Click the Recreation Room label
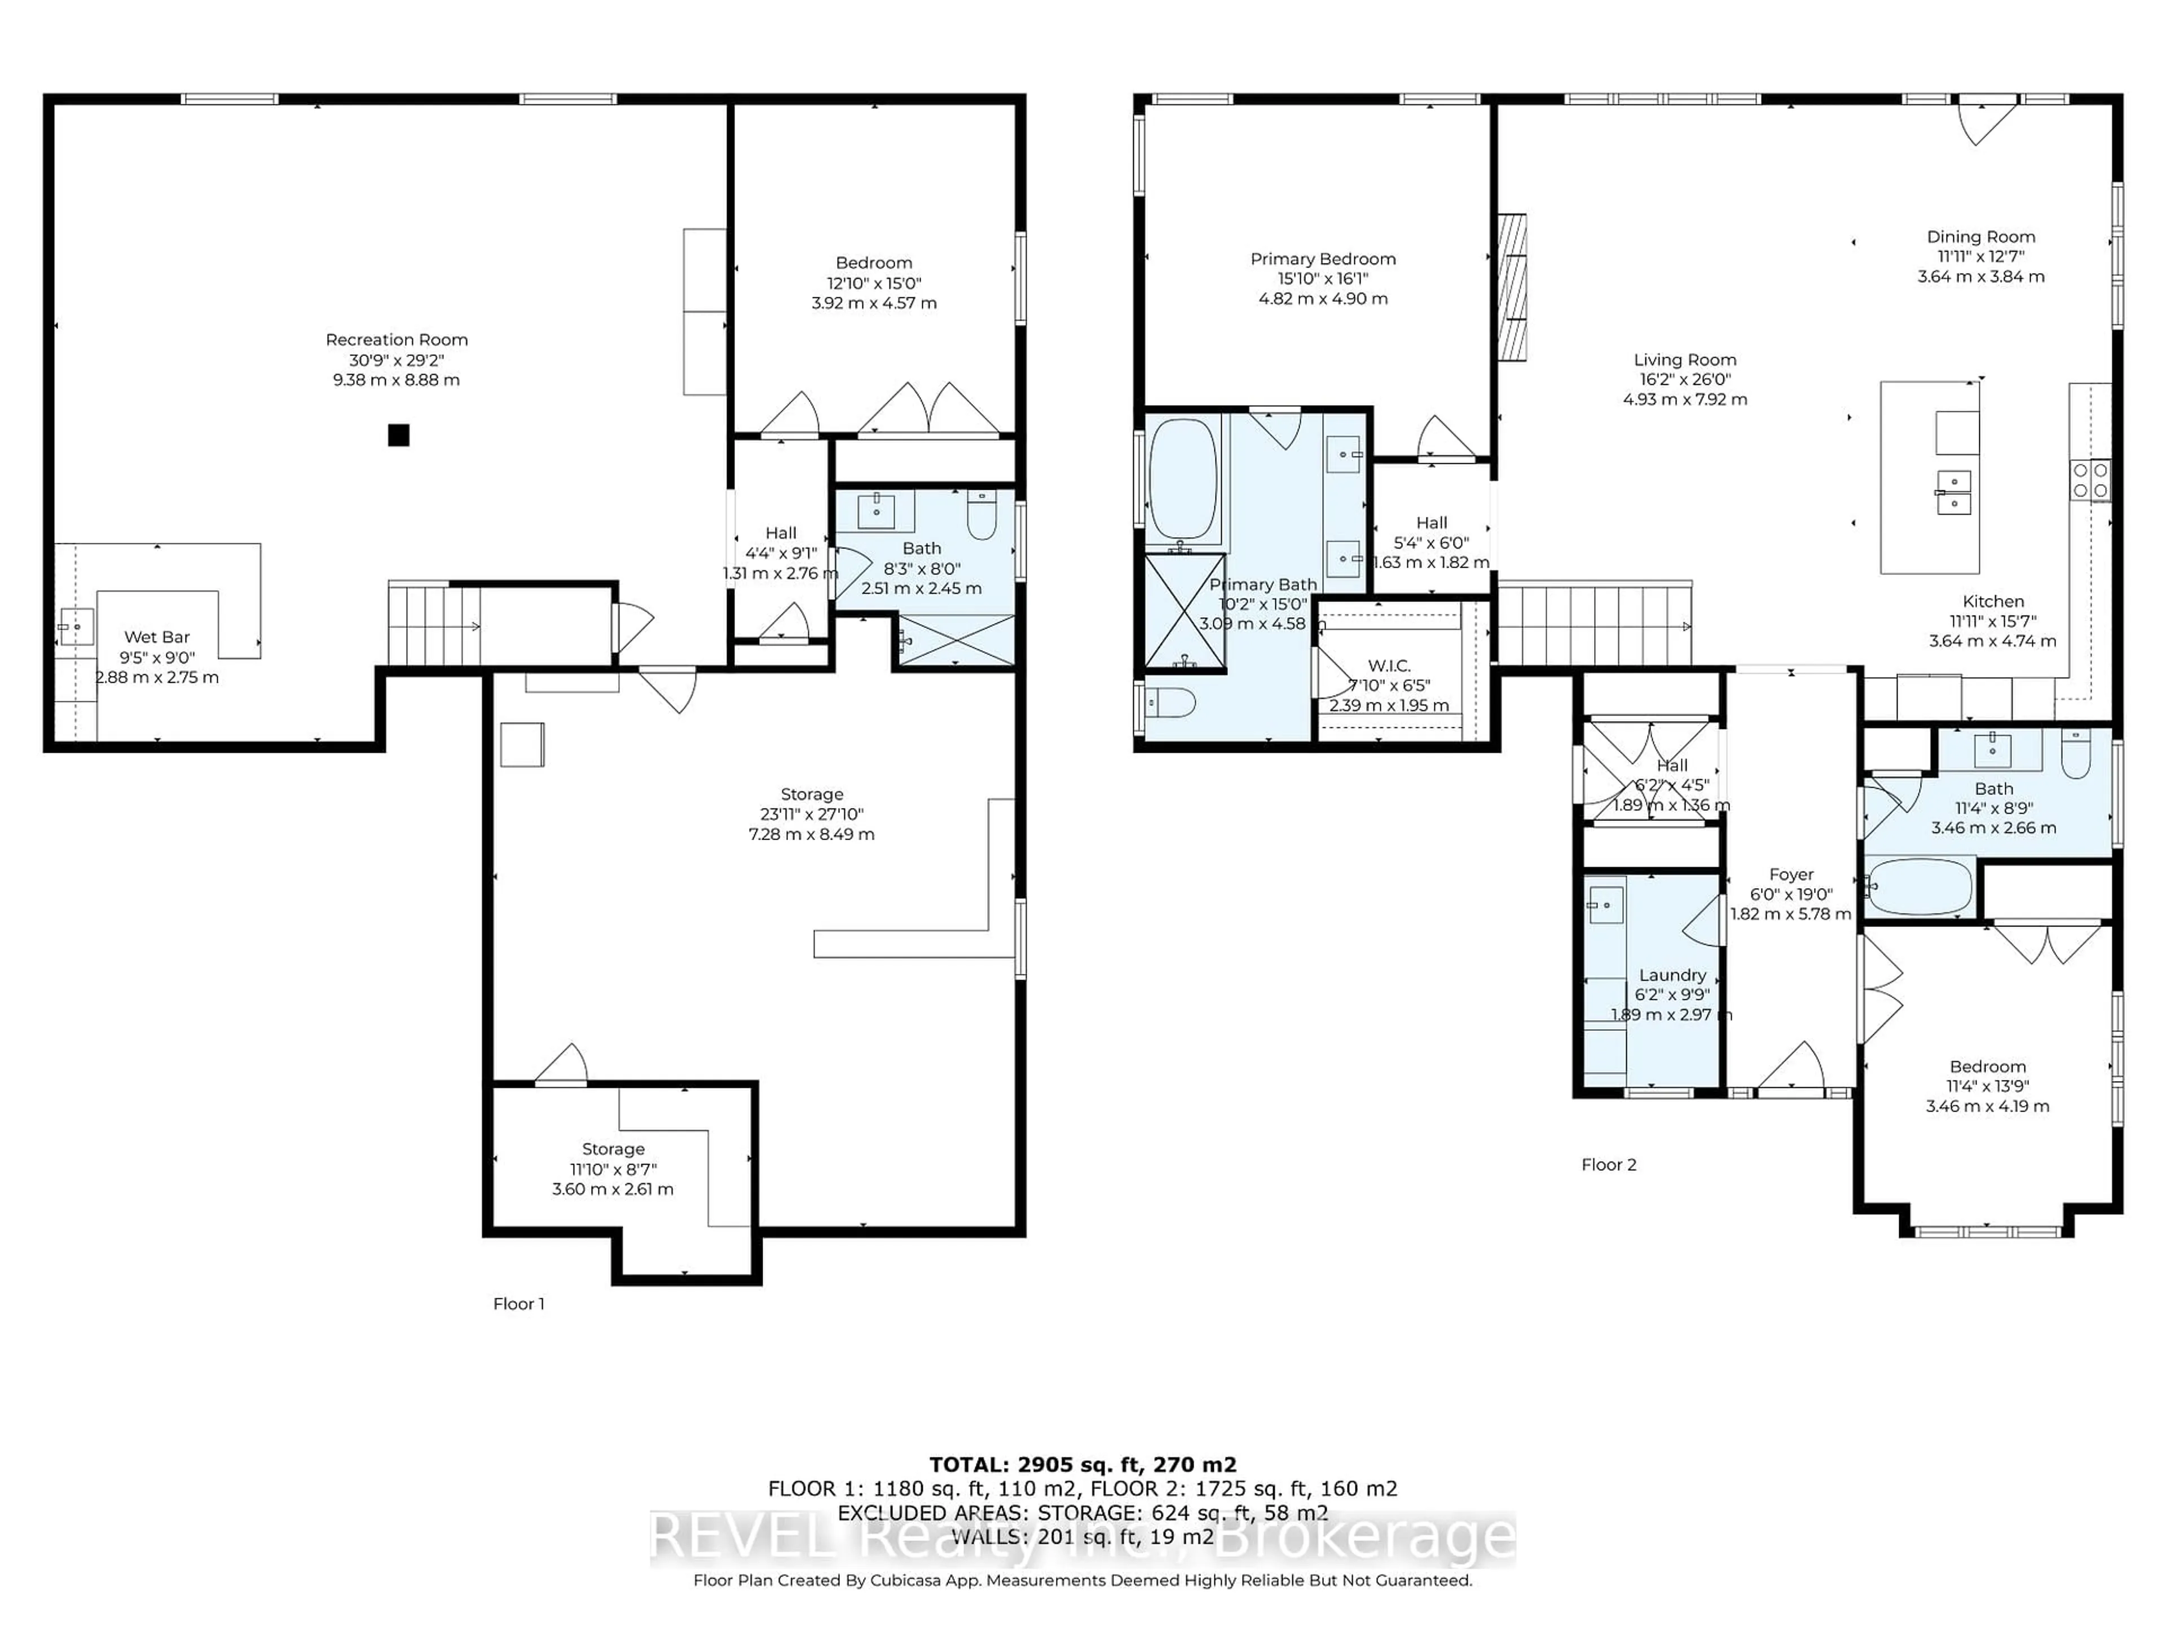click(397, 340)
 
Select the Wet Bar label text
click(157, 636)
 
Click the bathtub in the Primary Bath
click(1183, 480)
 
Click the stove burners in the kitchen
click(2090, 480)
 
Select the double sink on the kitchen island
click(1954, 491)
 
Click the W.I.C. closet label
click(1389, 666)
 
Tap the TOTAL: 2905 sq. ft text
click(1082, 1464)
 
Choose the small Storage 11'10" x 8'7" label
click(613, 1149)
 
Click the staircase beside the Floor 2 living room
click(1594, 625)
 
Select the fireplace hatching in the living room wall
click(1512, 287)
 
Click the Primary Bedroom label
click(1322, 258)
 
